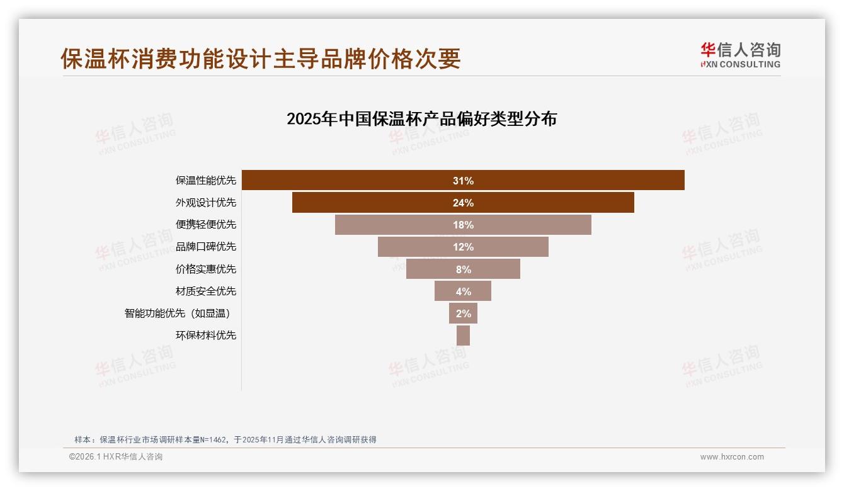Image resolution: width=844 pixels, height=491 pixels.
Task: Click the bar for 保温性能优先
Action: [567, 181]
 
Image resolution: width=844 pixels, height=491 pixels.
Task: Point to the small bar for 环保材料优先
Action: [463, 336]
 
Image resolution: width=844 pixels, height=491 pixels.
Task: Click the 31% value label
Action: [463, 181]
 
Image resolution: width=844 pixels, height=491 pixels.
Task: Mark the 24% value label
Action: [463, 203]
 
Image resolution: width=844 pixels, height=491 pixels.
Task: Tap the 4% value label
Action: [463, 291]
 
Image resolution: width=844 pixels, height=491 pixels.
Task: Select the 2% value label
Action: [463, 313]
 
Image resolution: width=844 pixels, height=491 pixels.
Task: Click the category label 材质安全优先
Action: [206, 291]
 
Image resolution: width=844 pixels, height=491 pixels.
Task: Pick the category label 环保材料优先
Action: [206, 336]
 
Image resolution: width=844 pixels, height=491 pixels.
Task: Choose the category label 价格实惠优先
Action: [206, 269]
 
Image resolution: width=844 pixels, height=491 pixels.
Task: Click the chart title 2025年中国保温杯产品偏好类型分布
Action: [421, 119]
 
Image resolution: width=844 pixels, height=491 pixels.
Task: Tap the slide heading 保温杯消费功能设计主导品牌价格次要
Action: [261, 59]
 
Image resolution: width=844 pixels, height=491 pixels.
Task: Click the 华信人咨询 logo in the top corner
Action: [740, 55]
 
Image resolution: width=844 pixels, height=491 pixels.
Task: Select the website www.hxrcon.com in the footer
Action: [732, 457]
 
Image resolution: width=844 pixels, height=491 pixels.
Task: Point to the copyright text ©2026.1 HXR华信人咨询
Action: [116, 457]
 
